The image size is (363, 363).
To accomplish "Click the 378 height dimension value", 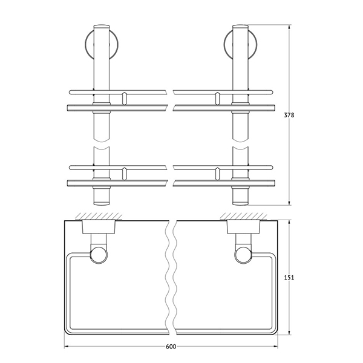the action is coord(289,115).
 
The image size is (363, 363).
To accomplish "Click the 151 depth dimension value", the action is coord(289,277).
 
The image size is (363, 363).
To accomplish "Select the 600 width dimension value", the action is coord(171,347).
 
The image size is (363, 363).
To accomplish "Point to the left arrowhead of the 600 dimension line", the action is coord(66,347).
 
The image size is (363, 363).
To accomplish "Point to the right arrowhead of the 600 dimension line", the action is coord(275,347).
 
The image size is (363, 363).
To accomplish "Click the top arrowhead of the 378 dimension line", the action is coord(289,27).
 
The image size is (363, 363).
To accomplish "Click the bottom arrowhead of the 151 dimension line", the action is coord(289,332).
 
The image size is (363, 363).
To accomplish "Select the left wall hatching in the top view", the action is coord(99,216).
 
